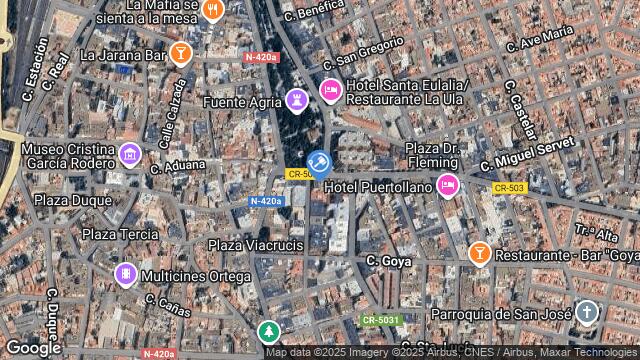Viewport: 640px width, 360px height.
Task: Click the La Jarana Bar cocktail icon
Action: click(180, 53)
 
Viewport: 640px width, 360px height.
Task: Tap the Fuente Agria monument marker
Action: click(296, 100)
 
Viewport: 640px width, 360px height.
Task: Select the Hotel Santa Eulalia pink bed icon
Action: click(330, 92)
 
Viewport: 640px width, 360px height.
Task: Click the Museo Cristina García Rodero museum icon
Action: click(129, 155)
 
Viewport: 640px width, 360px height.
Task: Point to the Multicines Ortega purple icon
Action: click(125, 274)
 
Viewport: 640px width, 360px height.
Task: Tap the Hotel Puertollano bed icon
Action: click(447, 185)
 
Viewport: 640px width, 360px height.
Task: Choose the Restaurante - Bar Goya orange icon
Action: click(479, 253)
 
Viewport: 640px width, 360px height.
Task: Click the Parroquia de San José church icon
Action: click(586, 313)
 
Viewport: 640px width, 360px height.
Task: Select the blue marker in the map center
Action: click(319, 165)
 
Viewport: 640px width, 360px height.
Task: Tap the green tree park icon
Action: click(268, 331)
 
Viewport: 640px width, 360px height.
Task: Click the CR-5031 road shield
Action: click(380, 319)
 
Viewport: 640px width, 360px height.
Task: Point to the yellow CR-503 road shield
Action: click(509, 188)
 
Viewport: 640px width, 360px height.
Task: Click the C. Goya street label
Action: click(389, 261)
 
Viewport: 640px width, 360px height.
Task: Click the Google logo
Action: click(33, 347)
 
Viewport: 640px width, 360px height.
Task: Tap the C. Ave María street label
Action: click(541, 39)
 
